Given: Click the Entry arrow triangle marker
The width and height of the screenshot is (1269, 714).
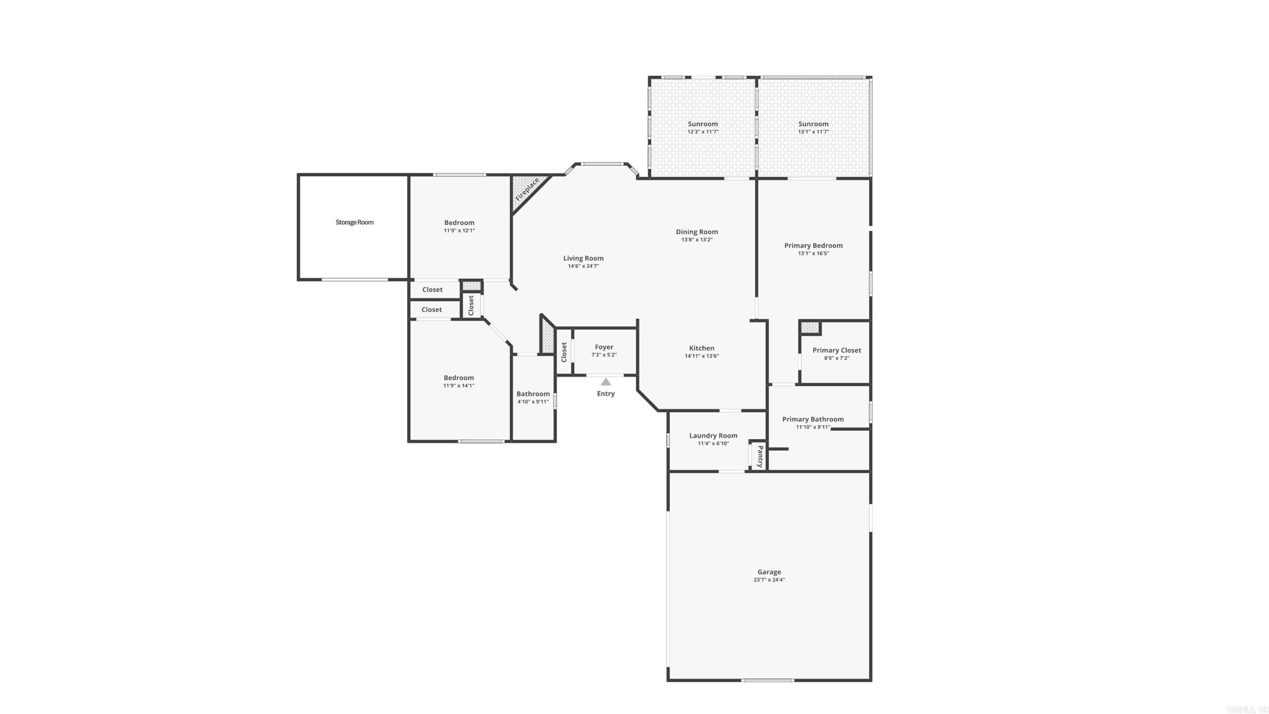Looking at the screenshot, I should [x=606, y=382].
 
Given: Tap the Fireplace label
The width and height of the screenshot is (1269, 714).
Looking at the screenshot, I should [x=527, y=189].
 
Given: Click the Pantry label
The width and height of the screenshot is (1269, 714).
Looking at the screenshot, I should [x=760, y=456].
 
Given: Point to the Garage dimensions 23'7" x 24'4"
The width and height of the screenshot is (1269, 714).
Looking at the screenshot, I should [x=769, y=580].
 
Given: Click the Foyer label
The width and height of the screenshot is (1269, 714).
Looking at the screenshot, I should [x=604, y=347].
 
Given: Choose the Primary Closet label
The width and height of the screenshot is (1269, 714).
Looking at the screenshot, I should [x=836, y=350].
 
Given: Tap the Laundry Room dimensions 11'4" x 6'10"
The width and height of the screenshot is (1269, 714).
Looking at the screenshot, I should [x=713, y=443].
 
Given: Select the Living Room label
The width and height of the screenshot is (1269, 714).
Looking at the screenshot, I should [x=583, y=258].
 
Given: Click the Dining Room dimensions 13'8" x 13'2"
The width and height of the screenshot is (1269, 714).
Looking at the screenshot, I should [x=696, y=240].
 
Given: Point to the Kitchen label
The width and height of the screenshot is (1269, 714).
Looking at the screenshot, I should [x=701, y=348].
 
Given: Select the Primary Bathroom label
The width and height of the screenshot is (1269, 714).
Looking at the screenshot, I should [x=813, y=419].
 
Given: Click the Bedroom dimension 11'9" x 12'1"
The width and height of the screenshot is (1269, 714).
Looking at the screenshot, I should [x=459, y=231].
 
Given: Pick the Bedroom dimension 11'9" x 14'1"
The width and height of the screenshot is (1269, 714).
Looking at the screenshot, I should [x=458, y=386].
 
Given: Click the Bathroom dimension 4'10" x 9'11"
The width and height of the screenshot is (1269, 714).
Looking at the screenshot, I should [x=532, y=402].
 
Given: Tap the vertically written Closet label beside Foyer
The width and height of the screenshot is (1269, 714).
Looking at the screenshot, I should [x=564, y=352].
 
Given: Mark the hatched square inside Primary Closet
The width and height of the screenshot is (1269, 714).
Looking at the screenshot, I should [x=809, y=327].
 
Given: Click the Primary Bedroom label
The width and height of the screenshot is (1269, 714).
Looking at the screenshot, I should [x=813, y=245].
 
